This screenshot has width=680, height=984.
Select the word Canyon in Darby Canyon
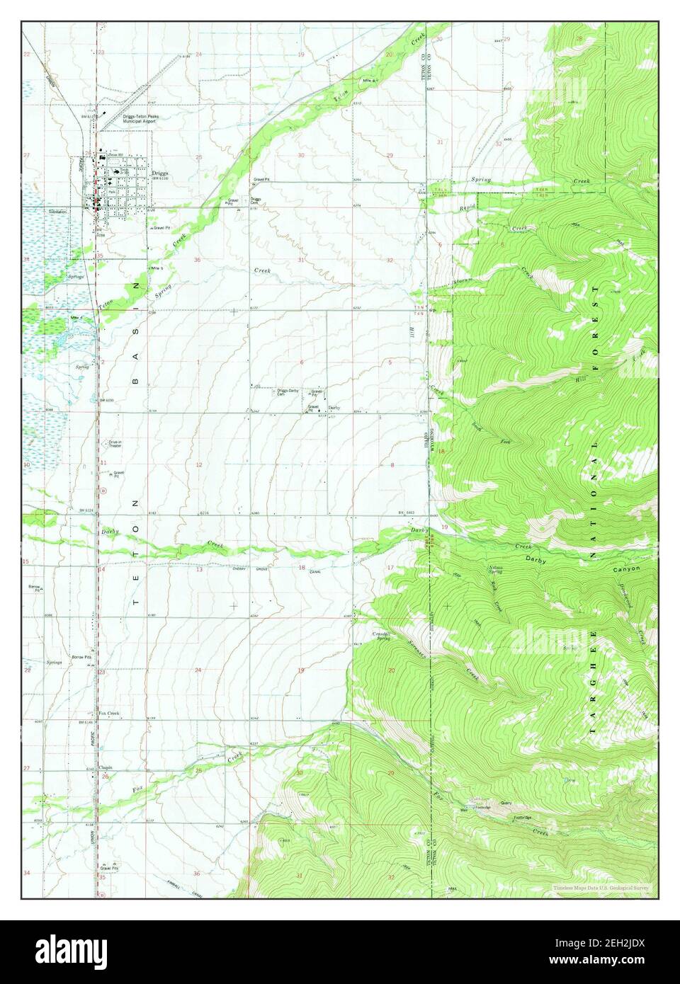pyautogui.click(x=627, y=568)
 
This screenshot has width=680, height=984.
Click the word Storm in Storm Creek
pyautogui.click(x=462, y=284)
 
